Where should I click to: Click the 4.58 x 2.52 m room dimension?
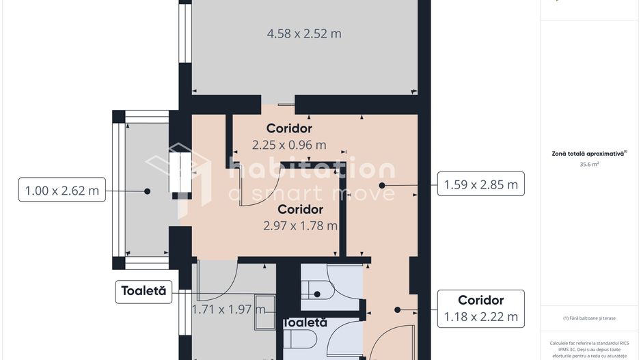pyautogui.click(x=303, y=33)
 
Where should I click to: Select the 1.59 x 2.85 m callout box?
pyautogui.click(x=480, y=184)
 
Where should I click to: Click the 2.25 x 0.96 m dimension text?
pyautogui.click(x=289, y=145)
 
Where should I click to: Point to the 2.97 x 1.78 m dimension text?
pyautogui.click(x=301, y=225)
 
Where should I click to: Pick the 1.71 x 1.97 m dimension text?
pyautogui.click(x=228, y=309)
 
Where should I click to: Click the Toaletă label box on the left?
pyautogui.click(x=144, y=291)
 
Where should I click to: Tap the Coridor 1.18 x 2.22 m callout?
pyautogui.click(x=480, y=309)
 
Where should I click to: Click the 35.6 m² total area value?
pyautogui.click(x=589, y=165)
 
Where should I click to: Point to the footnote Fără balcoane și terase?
pyautogui.click(x=589, y=318)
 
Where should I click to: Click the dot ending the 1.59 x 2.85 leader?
pyautogui.click(x=383, y=184)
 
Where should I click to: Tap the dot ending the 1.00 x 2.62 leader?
pyautogui.click(x=147, y=192)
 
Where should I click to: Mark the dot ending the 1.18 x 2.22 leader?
pyautogui.click(x=397, y=309)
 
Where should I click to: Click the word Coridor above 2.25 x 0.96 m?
pyautogui.click(x=289, y=128)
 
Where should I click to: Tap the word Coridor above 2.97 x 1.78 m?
pyautogui.click(x=301, y=210)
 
